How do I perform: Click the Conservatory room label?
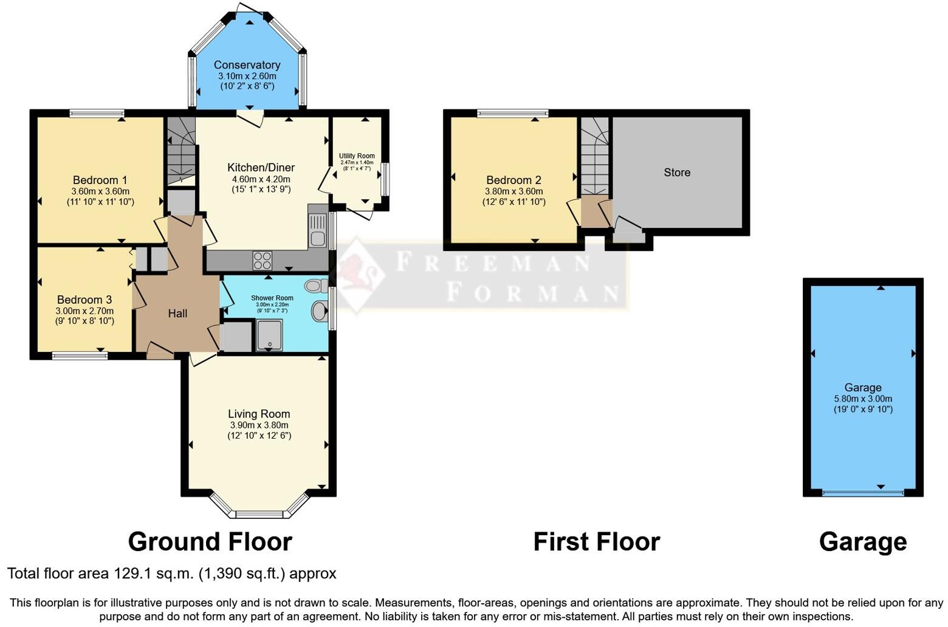tap(247, 65)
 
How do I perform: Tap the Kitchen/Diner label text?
tap(261, 168)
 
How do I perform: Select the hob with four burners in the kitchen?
tap(263, 261)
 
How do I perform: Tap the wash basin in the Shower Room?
tap(320, 312)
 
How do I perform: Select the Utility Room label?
tap(357, 156)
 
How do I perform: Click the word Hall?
tap(177, 313)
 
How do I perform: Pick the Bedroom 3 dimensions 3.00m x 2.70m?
tap(84, 311)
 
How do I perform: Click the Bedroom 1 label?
tap(100, 180)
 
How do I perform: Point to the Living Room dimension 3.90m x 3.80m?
tap(259, 425)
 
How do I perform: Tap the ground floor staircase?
tap(180, 152)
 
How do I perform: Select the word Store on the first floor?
tap(677, 173)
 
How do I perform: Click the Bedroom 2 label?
tap(513, 180)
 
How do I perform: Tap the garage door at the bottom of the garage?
tap(863, 493)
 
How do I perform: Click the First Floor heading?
tap(596, 542)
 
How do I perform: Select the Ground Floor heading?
tap(210, 542)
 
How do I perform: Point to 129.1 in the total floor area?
tap(132, 574)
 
